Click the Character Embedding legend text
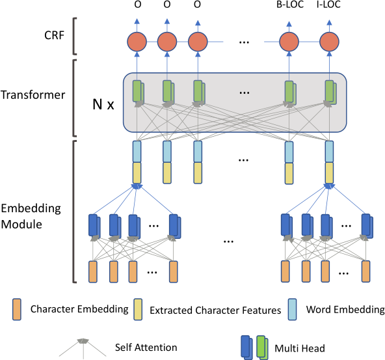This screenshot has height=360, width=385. tap(79, 309)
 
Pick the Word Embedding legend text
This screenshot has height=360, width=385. tap(345, 309)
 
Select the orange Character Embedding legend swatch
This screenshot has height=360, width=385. tap(16, 309)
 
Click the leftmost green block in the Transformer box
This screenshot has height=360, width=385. tap(138, 91)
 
